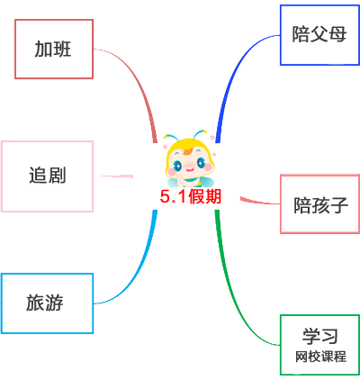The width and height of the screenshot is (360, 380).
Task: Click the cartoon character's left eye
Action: (x=178, y=165)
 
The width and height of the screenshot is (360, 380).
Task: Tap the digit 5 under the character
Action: (x=165, y=196)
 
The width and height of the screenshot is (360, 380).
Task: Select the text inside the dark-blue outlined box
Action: (x=319, y=35)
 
